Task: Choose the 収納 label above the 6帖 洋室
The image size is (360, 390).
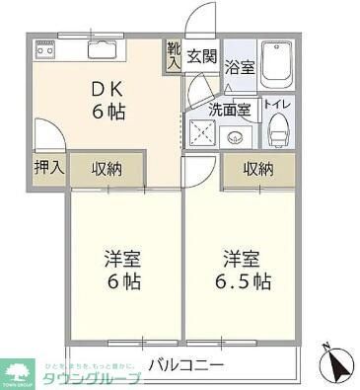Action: coord(108,168)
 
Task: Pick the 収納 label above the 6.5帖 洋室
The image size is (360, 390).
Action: coord(257,168)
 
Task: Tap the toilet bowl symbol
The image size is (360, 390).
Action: coord(277,130)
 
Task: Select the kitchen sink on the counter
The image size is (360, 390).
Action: coord(101,48)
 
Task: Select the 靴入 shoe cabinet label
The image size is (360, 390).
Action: coord(174,54)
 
